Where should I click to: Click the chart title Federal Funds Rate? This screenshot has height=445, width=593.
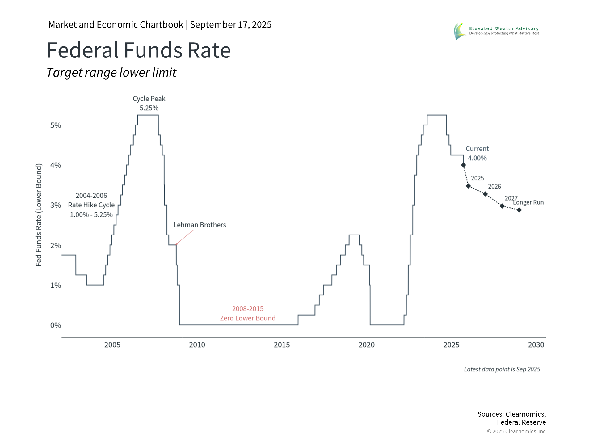[139, 50]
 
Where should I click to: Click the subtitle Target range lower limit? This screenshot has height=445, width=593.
[111, 73]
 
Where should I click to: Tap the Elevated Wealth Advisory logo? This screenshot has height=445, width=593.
[496, 31]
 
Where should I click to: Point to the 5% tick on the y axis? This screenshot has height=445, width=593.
[56, 125]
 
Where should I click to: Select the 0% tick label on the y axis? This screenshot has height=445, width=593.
[56, 325]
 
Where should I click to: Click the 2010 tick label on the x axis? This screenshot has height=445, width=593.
[197, 345]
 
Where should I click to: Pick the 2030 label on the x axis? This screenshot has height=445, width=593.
[536, 345]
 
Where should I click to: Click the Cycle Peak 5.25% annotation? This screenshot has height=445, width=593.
[149, 103]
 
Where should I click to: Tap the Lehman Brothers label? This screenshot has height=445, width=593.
[200, 225]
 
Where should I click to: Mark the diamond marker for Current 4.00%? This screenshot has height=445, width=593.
[463, 165]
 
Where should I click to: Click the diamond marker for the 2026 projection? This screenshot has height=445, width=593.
[485, 194]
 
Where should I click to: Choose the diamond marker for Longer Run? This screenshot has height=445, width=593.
[519, 210]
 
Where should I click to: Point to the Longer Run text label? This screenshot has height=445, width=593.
[528, 202]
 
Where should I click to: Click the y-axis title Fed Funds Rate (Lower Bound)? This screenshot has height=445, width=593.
[39, 215]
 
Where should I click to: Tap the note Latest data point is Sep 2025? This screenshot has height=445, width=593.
[502, 369]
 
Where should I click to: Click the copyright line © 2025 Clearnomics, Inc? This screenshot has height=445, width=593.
[517, 431]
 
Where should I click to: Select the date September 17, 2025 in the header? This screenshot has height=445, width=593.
[231, 25]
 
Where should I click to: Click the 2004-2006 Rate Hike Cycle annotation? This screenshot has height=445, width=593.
[91, 205]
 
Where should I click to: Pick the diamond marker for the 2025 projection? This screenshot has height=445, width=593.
[468, 186]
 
